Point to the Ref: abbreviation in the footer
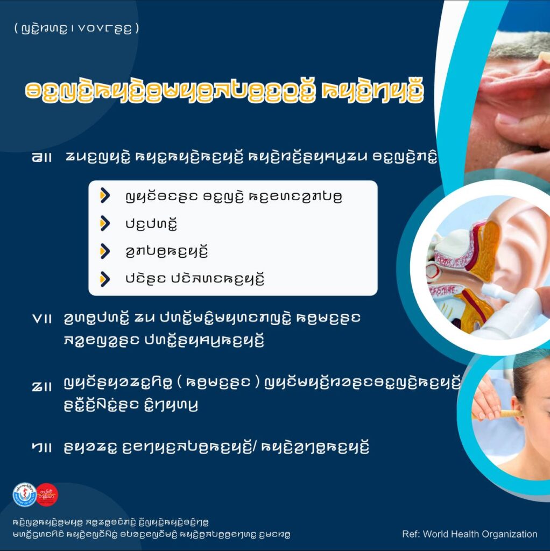pyautogui.click(x=411, y=534)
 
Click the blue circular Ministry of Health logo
pyautogui.click(x=25, y=495)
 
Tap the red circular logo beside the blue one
pyautogui.click(x=47, y=495)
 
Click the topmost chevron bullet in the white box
pyautogui.click(x=105, y=195)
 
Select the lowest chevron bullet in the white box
pyautogui.click(x=105, y=279)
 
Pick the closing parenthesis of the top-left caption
pyautogui.click(x=137, y=28)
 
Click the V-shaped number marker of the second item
pyautogui.click(x=37, y=319)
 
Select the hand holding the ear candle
pyautogui.click(x=485, y=400)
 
